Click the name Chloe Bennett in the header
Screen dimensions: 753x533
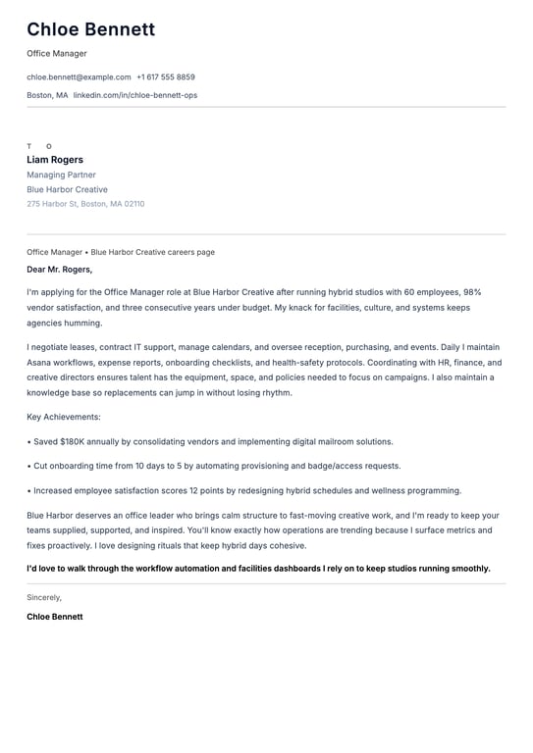[90, 29]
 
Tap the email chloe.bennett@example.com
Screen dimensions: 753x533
[79, 76]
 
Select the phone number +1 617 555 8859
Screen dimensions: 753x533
[166, 76]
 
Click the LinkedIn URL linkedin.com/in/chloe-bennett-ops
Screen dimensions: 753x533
[135, 95]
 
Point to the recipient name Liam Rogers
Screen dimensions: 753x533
[55, 160]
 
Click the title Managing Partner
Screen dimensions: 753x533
[61, 175]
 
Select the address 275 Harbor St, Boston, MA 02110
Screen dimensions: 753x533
[85, 204]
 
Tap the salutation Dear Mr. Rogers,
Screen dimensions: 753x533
[60, 269]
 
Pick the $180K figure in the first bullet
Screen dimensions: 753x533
[72, 442]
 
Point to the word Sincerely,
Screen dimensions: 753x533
[44, 597]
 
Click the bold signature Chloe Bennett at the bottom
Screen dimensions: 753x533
[55, 617]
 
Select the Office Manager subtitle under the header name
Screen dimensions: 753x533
[57, 54]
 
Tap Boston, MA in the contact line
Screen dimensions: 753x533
[47, 95]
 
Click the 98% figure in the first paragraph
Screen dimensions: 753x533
[471, 292]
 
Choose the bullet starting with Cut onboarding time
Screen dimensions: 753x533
[216, 466]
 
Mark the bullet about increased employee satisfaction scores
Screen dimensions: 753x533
[245, 490]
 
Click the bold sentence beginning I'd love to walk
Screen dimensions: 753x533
[258, 568]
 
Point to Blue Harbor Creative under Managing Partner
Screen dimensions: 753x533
[67, 189]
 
